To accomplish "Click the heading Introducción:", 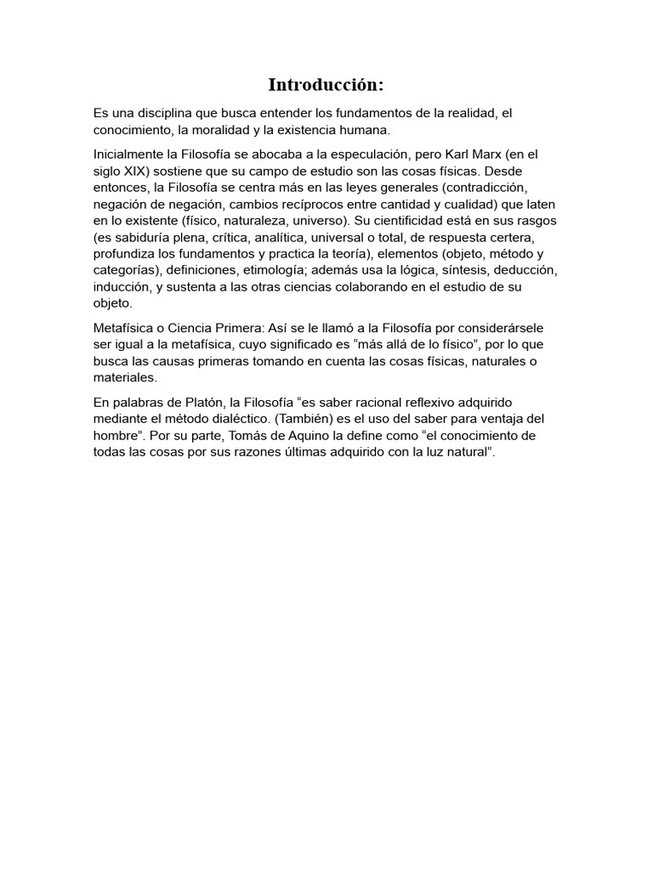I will coord(326,85).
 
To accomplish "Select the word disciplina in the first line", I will coord(169,113).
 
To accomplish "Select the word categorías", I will coord(127,269).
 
